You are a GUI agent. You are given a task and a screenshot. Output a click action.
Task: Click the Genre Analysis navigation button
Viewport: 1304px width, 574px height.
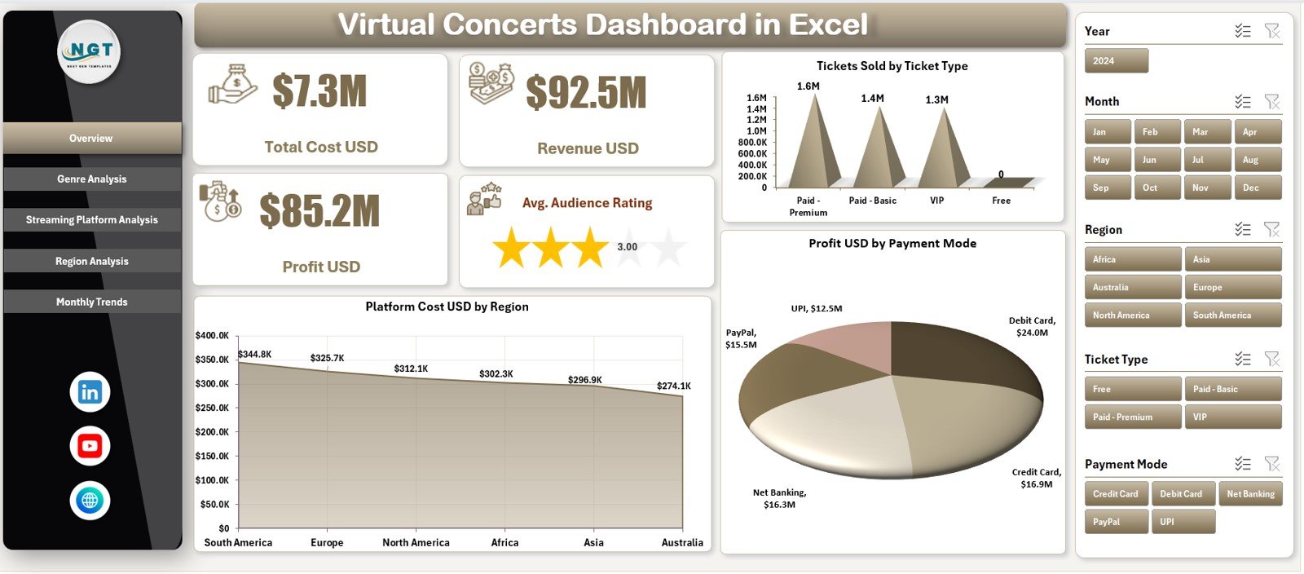pos(92,179)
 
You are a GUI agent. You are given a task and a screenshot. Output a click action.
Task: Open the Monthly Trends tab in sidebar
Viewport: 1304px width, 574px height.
pos(92,302)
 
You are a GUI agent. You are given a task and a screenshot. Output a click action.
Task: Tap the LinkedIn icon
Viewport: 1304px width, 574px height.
pos(90,392)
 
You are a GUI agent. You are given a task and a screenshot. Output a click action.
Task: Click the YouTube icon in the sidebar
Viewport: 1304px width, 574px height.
pos(90,446)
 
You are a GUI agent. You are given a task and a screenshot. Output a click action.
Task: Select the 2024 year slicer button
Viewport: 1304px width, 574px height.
pos(1116,61)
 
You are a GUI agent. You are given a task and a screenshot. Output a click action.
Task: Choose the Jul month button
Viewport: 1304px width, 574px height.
pos(1206,160)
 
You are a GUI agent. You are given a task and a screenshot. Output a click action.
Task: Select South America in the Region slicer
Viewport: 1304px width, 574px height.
pos(1232,316)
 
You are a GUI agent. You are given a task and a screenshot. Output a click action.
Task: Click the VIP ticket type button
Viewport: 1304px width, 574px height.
pos(1232,417)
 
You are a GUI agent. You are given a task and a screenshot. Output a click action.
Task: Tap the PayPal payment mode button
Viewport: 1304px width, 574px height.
pos(1116,522)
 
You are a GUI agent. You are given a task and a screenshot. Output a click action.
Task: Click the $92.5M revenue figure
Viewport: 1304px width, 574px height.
pos(586,92)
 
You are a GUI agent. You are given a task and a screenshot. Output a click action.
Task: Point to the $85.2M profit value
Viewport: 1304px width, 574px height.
pos(319,211)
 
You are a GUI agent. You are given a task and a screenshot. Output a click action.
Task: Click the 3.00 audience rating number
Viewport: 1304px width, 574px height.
pos(628,247)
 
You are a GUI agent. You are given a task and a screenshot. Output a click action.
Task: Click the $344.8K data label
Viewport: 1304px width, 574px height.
pos(254,355)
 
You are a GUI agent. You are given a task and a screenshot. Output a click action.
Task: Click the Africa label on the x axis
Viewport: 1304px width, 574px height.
pos(504,543)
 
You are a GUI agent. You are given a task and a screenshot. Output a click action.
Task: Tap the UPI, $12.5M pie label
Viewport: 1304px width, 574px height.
pos(817,309)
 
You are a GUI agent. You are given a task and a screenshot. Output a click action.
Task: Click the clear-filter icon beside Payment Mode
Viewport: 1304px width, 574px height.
pos(1271,464)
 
